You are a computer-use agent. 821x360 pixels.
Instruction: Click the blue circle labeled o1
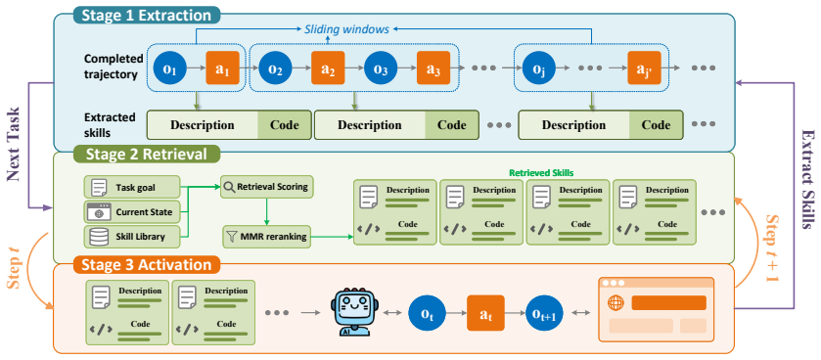[x=170, y=67]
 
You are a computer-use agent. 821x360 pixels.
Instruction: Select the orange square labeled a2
[x=328, y=67]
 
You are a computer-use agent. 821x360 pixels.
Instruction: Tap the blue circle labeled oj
[x=539, y=67]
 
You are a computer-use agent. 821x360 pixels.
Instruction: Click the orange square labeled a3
[x=433, y=67]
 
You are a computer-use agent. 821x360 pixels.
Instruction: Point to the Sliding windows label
[x=346, y=29]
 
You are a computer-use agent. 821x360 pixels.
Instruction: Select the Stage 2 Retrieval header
[x=147, y=154]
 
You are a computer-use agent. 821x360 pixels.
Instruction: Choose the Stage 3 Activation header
[x=149, y=264]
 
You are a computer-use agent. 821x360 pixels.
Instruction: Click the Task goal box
[x=131, y=187]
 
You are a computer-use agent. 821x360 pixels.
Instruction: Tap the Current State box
[x=131, y=212]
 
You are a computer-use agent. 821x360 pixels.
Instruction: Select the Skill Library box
[x=131, y=237]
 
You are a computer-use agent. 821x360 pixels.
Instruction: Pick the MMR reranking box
[x=265, y=237]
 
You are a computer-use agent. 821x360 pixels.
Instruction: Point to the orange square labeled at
[x=485, y=313]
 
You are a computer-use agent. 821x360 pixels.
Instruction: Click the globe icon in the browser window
[x=615, y=303]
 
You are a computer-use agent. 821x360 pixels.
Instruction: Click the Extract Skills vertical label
[x=806, y=179]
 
